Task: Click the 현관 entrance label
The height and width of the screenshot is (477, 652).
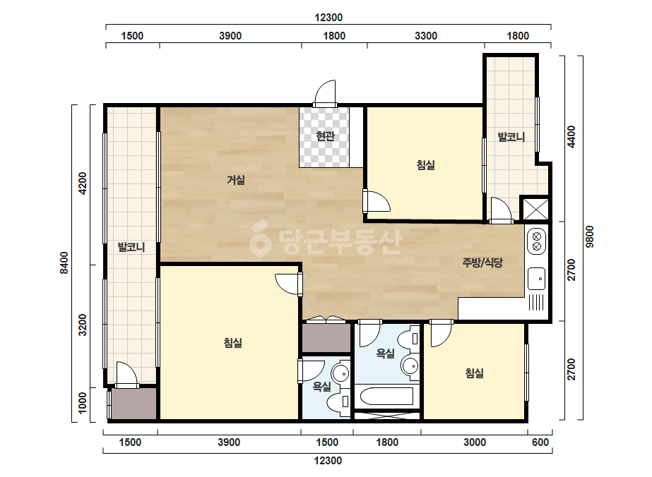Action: [x=325, y=136]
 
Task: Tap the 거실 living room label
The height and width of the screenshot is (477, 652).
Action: [x=236, y=180]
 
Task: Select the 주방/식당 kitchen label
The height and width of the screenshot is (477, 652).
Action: [x=482, y=262]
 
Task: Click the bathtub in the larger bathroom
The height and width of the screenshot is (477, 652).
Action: [x=386, y=396]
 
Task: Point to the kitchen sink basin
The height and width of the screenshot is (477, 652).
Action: [x=536, y=279]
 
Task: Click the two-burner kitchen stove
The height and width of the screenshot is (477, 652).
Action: [x=536, y=241]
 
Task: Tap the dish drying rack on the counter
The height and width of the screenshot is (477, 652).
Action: [x=536, y=302]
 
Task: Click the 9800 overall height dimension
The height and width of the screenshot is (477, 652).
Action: [x=590, y=237]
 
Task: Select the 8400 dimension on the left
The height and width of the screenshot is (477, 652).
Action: [x=64, y=262]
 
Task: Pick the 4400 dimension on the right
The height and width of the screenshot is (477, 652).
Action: [x=571, y=136]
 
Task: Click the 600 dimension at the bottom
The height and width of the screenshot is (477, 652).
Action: [x=540, y=442]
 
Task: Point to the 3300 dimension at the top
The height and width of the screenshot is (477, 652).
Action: [x=426, y=36]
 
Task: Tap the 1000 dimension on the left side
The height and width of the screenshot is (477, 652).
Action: [x=83, y=403]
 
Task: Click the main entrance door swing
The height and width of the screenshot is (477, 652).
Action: [x=325, y=92]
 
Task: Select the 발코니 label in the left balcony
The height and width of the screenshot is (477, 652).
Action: [x=131, y=247]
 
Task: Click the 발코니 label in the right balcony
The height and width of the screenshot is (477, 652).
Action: [x=511, y=137]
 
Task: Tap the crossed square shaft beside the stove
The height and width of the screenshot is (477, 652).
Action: [x=535, y=210]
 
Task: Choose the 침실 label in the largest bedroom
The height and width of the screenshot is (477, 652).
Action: [x=233, y=343]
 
